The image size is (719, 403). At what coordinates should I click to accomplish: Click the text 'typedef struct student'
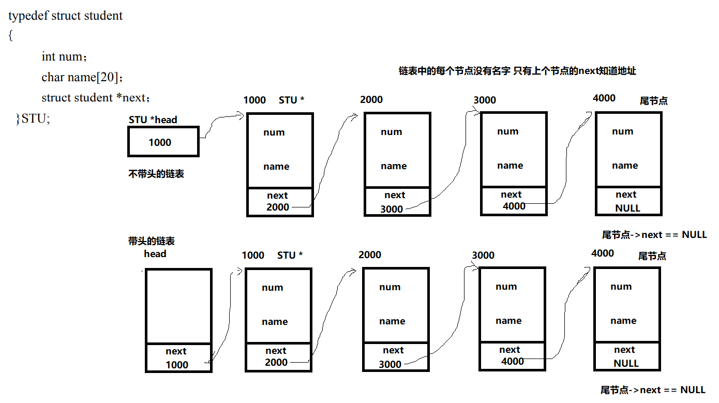point(65,16)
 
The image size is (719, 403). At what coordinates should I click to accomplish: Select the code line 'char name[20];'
point(82,77)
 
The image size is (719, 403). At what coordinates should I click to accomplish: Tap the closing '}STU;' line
point(33,118)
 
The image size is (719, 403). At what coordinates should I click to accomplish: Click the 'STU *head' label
point(153,120)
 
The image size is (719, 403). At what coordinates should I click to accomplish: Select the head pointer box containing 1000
point(163,142)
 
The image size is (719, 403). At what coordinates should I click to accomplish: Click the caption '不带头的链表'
point(156,174)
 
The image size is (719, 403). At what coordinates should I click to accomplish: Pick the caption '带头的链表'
point(151,241)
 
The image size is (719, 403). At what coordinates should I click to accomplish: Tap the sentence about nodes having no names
point(517,71)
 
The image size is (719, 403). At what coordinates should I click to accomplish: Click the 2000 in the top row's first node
point(278,207)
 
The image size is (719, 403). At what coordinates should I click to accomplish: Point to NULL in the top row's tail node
point(627,208)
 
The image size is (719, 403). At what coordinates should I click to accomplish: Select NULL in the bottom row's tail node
point(626,363)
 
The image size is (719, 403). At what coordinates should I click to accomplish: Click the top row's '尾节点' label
point(653,101)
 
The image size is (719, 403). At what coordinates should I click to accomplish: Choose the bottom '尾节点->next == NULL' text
point(653,390)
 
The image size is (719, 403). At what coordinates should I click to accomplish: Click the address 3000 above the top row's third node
point(485,100)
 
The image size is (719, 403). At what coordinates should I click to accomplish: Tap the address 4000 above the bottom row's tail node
point(602,253)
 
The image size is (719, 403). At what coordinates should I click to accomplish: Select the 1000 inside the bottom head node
point(177,365)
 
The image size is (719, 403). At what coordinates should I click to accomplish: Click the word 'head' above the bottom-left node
point(155,253)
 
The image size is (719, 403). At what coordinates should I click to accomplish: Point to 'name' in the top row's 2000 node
point(394,166)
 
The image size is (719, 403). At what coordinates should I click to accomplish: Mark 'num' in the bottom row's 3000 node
point(506,287)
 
